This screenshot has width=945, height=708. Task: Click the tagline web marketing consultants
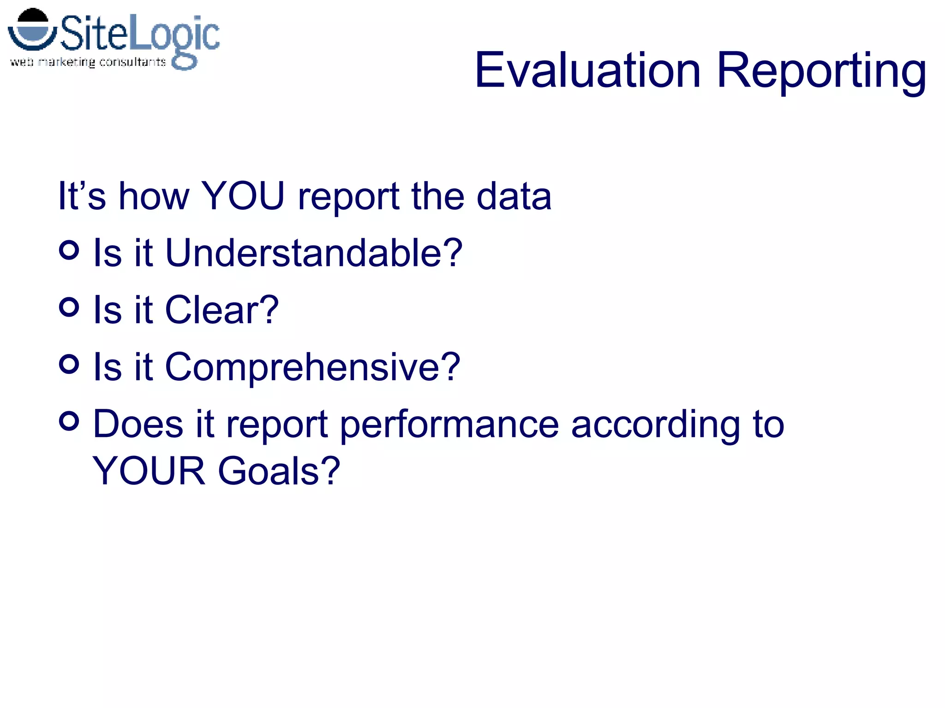(x=88, y=62)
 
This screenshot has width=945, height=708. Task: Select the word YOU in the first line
(x=243, y=196)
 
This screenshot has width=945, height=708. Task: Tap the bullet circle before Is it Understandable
(x=69, y=250)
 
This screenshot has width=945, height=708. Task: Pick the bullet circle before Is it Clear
(x=69, y=307)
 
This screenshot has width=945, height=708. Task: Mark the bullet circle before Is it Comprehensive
(x=69, y=364)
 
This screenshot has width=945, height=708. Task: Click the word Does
(x=138, y=424)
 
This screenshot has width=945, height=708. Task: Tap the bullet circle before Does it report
(x=69, y=421)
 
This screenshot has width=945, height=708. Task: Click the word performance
(x=449, y=425)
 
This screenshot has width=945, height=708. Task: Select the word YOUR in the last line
(x=149, y=471)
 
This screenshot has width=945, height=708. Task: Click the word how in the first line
(x=154, y=196)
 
